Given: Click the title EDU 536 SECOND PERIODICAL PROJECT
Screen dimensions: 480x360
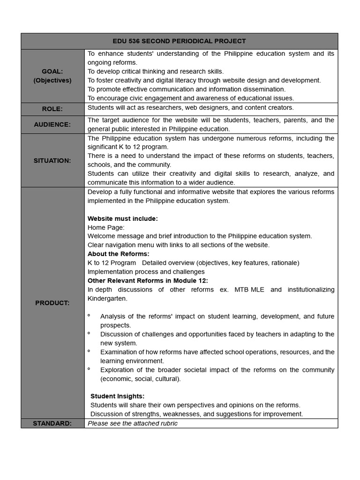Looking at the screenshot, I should (180, 41).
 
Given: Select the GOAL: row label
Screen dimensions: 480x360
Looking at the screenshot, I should (52, 71).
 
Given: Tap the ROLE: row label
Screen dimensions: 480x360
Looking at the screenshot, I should (52, 109).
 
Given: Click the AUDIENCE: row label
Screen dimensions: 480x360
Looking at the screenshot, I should (52, 124).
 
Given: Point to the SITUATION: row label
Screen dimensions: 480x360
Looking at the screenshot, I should (52, 160).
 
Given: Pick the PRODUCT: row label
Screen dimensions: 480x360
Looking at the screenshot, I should (52, 303).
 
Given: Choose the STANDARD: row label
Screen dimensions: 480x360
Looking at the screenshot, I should (52, 423).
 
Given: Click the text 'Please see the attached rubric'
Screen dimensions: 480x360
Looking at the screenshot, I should (133, 423).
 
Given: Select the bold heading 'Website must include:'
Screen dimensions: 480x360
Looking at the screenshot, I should (123, 218).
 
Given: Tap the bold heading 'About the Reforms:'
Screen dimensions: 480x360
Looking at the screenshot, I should (118, 254).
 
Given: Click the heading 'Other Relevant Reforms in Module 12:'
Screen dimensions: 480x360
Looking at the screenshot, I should (148, 280).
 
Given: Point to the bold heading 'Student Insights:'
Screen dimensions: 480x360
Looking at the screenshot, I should (117, 396).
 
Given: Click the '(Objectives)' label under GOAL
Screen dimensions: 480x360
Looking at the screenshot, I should (52, 80).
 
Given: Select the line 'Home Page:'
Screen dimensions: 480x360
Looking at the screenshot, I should (106, 227).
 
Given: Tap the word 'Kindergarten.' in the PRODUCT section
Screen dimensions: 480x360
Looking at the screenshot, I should (107, 298).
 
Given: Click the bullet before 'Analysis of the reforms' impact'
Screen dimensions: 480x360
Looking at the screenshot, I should (89, 316).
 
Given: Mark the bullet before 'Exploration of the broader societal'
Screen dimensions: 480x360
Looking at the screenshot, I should (89, 370).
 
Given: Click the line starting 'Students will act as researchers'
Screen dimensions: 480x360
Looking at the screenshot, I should (191, 107).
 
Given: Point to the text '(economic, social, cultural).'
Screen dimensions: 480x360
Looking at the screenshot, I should (140, 379).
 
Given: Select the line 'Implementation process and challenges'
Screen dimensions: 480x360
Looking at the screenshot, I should (146, 271).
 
